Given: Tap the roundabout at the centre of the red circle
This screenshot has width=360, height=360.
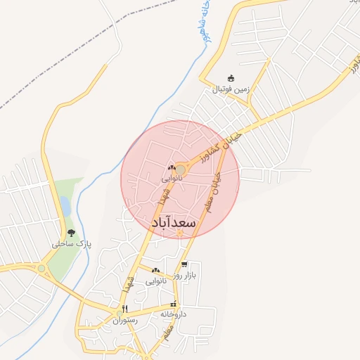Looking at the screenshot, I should coord(180,170).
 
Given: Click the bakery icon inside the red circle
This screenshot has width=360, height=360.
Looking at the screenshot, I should coord(172,168).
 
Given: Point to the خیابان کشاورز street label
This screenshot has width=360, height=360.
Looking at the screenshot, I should coord(229,143).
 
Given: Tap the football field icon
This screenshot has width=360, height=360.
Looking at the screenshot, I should coord(231,79).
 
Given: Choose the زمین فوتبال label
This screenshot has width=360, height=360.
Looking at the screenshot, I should coord(232,90).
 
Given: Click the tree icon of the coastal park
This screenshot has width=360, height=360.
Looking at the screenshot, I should coord(70,233).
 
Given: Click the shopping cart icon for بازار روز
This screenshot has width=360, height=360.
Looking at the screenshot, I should coord(184,265).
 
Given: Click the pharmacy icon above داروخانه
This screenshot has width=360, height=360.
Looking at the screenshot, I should coord(174,304).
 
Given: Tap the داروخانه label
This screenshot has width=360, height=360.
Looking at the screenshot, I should coord(172,314).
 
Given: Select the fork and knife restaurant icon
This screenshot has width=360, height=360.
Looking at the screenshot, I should coord(124,309).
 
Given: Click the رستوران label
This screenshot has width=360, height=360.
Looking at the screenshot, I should coord(126,320).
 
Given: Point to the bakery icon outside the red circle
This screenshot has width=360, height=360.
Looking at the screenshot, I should coord(155,271).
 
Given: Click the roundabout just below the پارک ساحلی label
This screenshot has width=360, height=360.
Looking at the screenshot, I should coord(42,268).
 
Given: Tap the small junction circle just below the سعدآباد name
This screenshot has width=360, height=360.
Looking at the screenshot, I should coord(179,234).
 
